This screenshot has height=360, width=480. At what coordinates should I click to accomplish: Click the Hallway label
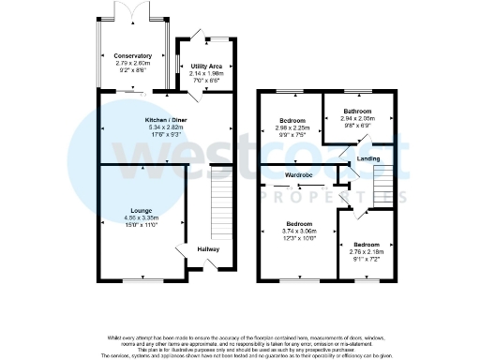click(x=208, y=248)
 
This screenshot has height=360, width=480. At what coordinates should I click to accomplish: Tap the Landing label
click(x=368, y=160)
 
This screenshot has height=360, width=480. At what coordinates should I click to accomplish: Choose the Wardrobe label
click(x=299, y=175)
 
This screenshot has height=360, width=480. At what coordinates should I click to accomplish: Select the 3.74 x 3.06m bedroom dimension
click(x=300, y=231)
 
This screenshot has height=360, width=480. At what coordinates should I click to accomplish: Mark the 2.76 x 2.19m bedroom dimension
click(x=367, y=252)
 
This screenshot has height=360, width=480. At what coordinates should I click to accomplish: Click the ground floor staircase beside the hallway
click(x=221, y=202)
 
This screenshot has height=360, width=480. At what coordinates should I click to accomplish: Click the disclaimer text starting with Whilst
click(x=240, y=337)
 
